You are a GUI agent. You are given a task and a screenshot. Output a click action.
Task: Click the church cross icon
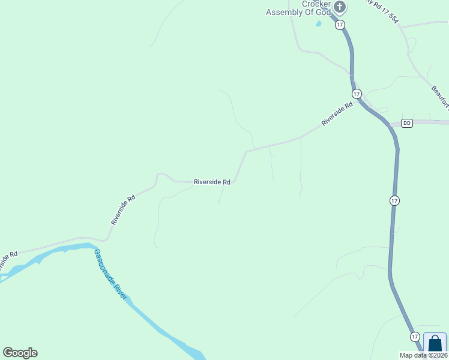click(340, 7)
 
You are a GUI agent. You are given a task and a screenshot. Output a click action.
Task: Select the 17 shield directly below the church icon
click(340, 25)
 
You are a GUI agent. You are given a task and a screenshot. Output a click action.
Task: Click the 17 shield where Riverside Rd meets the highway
click(357, 94)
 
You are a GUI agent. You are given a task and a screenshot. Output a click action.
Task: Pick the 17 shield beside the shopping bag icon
click(415, 337)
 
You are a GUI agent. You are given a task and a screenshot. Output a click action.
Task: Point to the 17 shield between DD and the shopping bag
click(394, 200)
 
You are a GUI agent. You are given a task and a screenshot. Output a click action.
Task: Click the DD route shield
click(407, 123)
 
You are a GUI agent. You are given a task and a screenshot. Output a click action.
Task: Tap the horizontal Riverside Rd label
click(212, 182)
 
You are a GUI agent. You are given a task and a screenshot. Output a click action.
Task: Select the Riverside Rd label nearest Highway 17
click(337, 114)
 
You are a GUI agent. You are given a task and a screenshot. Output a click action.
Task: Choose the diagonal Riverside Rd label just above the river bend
click(122, 209)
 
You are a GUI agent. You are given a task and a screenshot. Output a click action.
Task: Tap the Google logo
click(20, 353)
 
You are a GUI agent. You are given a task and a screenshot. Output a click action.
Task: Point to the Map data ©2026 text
click(423, 355)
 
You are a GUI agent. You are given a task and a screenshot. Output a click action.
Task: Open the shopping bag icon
click(435, 344)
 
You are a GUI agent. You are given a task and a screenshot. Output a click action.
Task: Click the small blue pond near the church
click(319, 24)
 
